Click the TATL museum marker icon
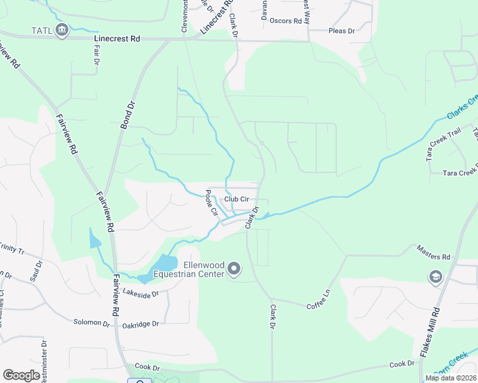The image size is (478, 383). coord(62,29)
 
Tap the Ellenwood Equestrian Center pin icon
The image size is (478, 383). coord(234,269)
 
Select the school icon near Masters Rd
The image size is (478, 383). coord(435,276)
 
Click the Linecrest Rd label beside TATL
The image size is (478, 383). coord(117,39)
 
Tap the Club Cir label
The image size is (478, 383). coord(236,199)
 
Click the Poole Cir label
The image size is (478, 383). coord(212,202)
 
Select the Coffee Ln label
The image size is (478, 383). coord(321,299)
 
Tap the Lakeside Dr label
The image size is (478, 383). coord(139,294)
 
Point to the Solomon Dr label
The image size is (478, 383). coord(92,323)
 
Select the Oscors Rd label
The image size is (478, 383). coord(286,21)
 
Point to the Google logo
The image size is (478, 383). coord(22,375)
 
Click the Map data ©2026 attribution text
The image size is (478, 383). coord(451,378)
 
